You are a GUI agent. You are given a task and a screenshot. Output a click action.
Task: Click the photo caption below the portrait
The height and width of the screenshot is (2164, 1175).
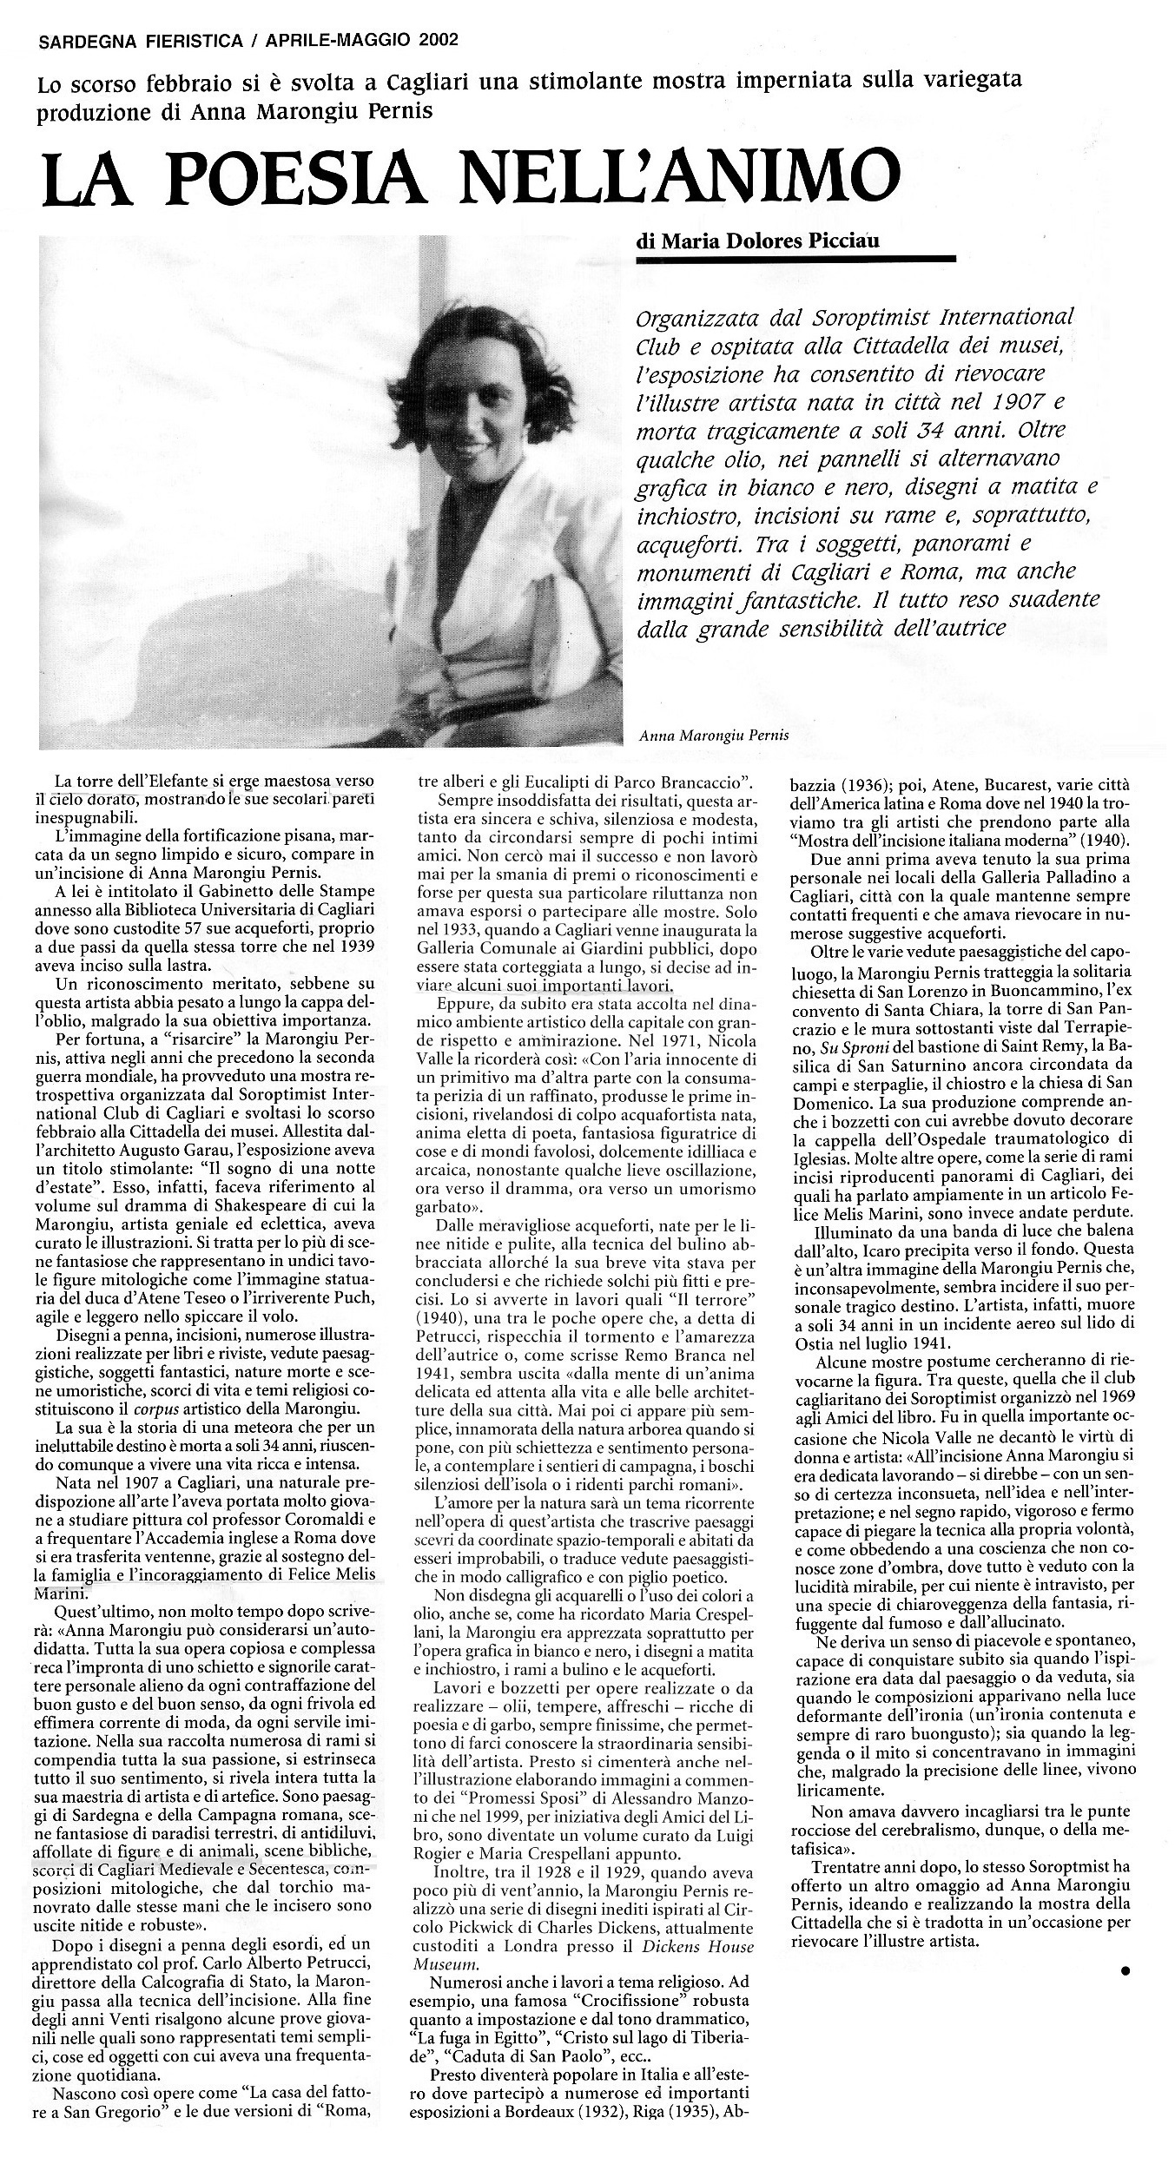pos(713,735)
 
